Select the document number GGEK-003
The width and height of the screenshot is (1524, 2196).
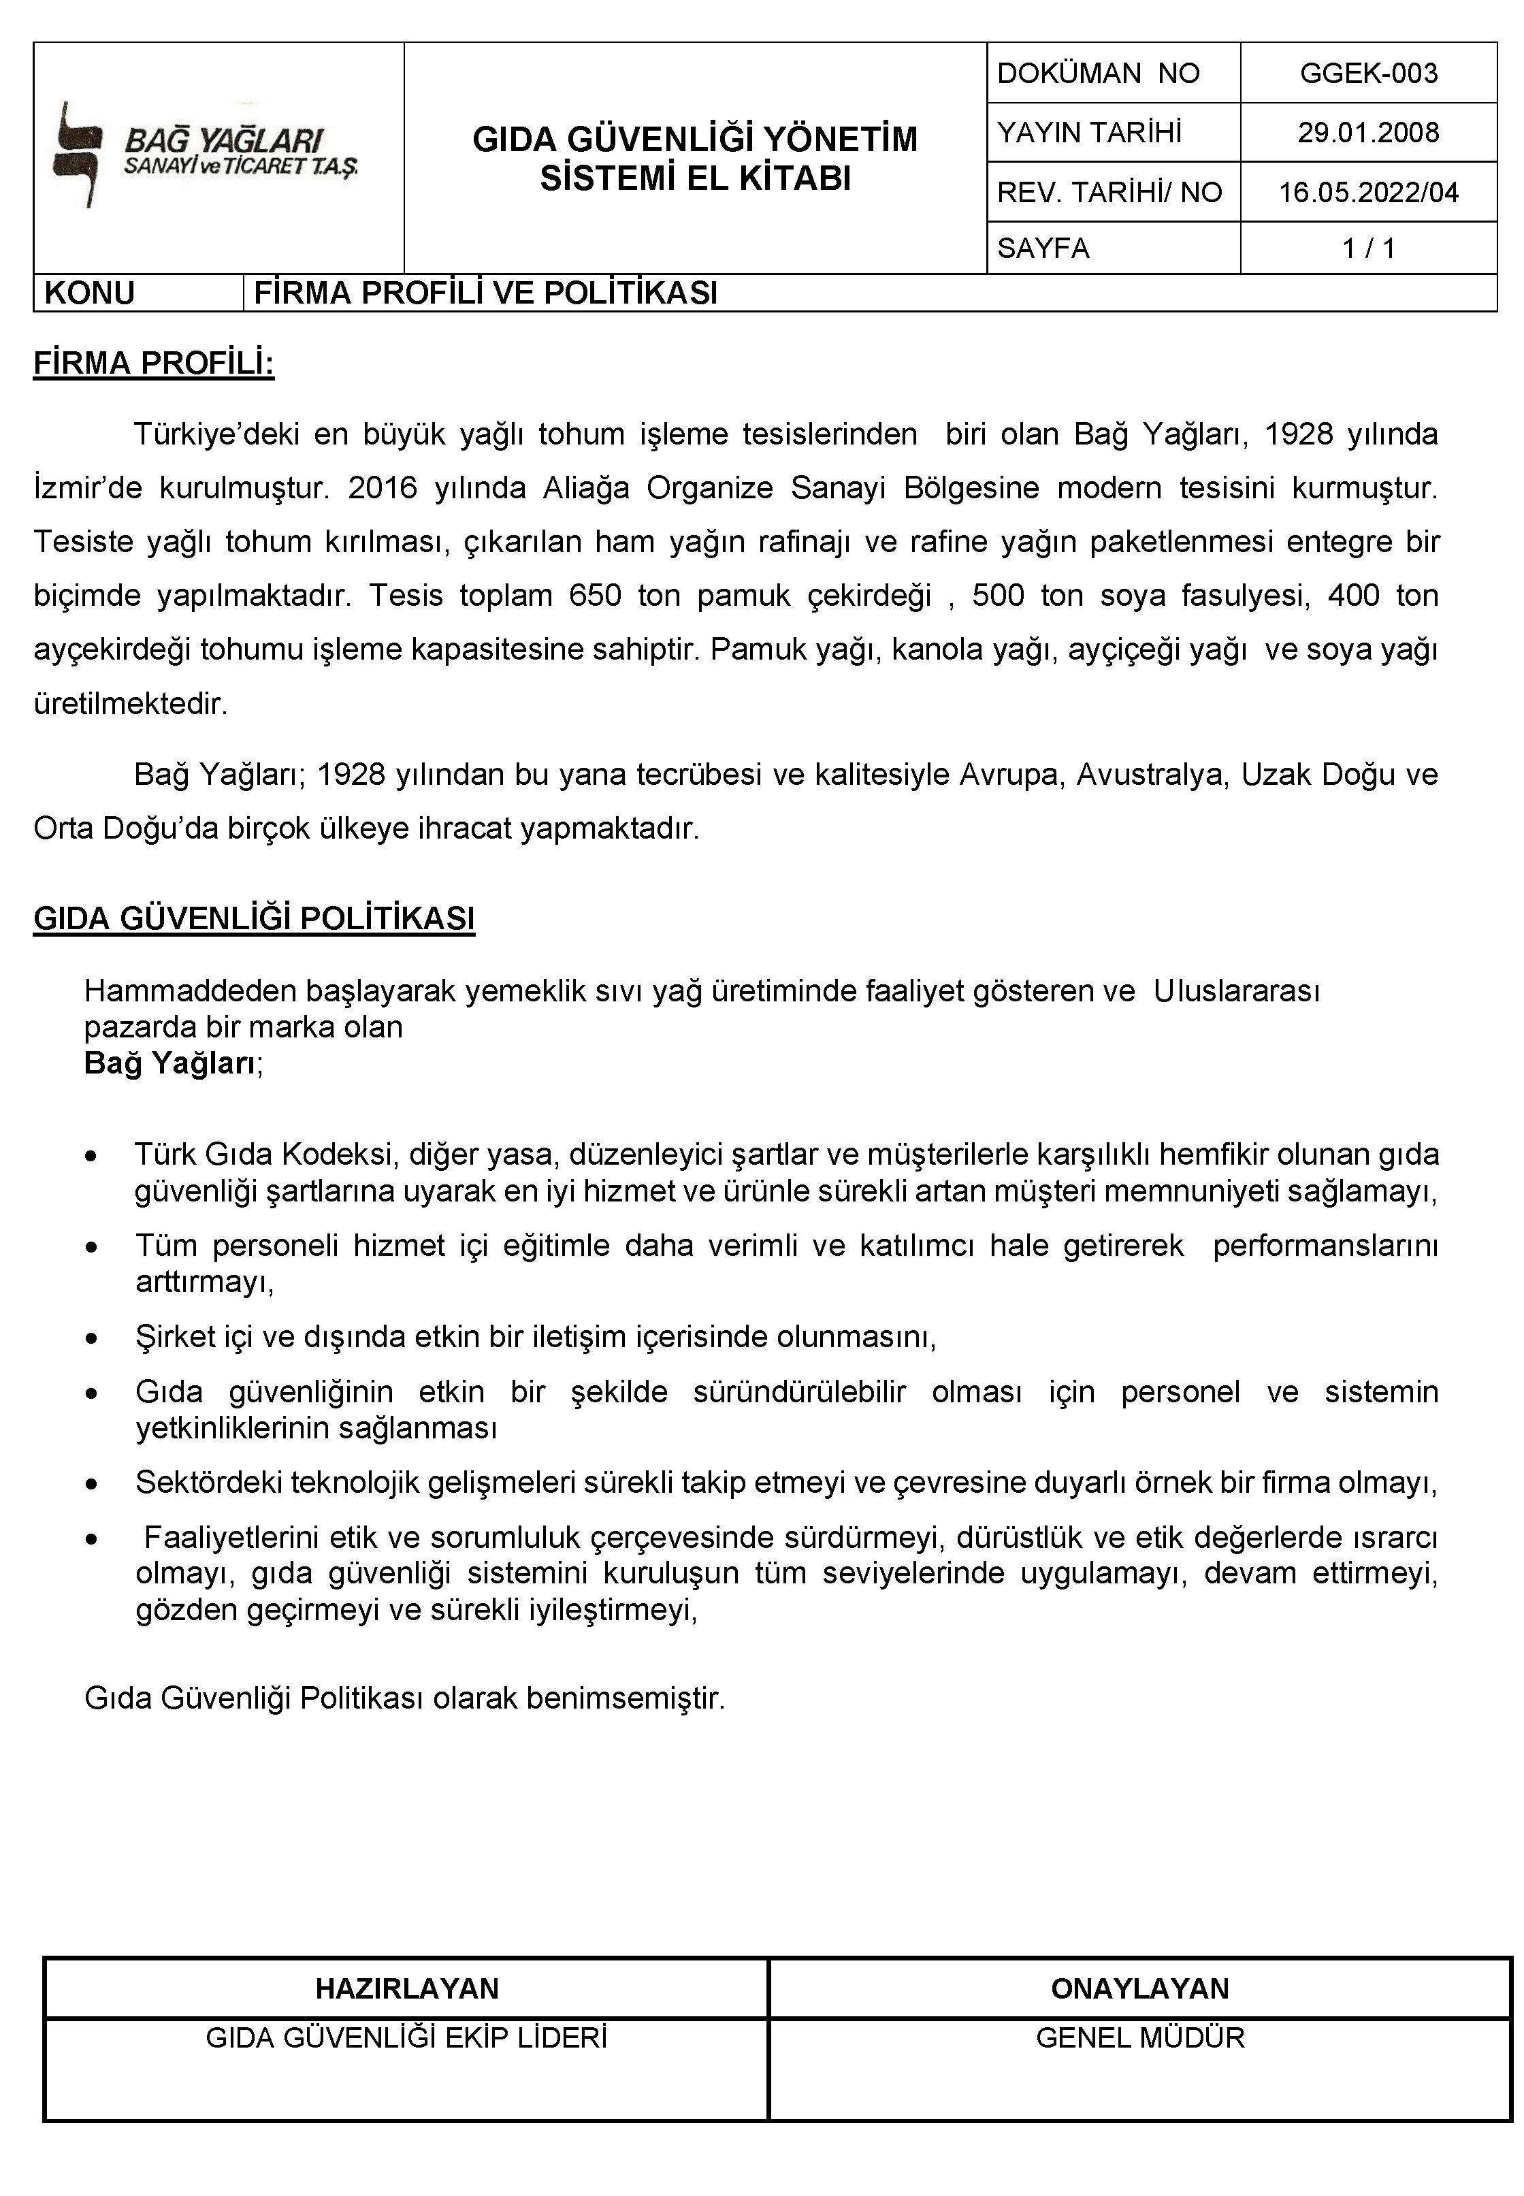coord(1367,74)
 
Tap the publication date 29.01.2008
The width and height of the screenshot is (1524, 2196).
coord(1367,133)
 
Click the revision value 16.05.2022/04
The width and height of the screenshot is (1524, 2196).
coord(1367,193)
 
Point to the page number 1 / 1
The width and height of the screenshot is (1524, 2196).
coord(1367,249)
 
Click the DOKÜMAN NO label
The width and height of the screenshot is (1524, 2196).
coord(1097,74)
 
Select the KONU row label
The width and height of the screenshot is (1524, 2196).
coord(90,293)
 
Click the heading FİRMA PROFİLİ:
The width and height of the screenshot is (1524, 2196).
coord(154,365)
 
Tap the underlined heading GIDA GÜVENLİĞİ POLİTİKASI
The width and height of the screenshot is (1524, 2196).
coord(254,918)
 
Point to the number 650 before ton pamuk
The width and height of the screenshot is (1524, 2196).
coord(594,596)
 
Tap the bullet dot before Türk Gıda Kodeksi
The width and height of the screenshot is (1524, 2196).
coord(91,1157)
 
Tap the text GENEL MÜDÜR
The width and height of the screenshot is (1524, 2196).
coord(1139,2039)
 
